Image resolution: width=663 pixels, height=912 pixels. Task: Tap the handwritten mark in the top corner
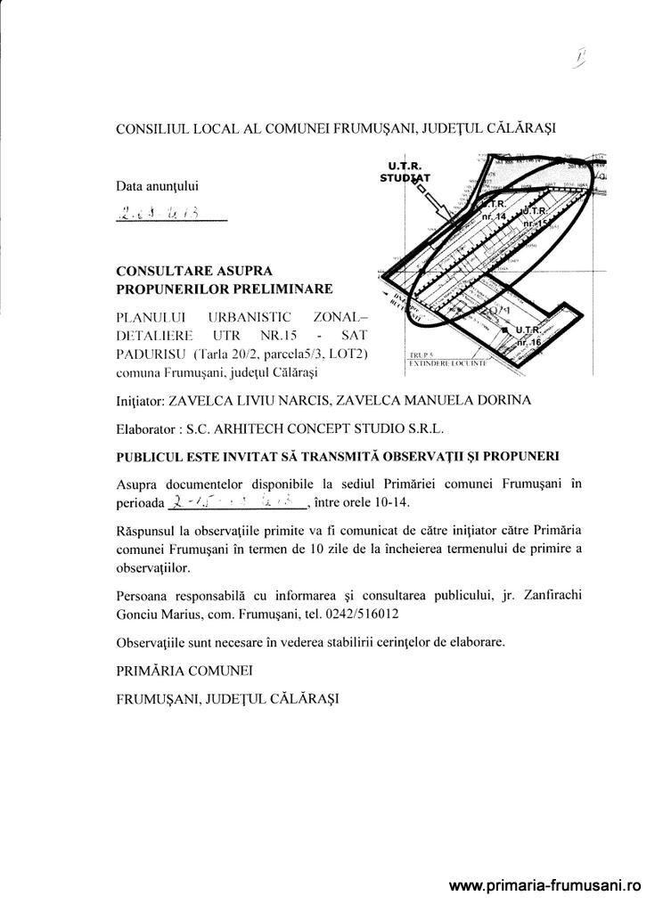tap(580, 60)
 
